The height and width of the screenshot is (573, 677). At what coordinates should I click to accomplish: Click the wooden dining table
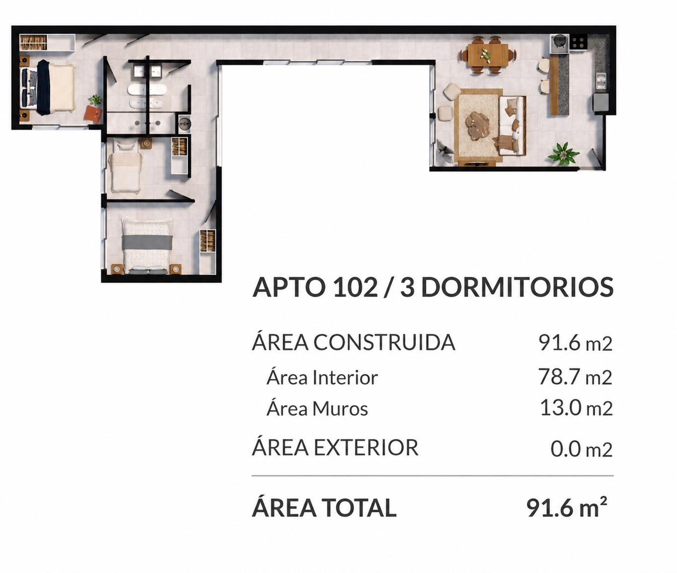[x=488, y=55]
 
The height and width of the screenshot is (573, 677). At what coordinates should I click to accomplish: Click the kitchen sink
[x=601, y=80]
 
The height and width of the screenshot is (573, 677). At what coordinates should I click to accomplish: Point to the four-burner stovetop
[x=578, y=42]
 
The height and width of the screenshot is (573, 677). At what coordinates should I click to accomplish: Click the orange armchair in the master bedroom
[x=94, y=113]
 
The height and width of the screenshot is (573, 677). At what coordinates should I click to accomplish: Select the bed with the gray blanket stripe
[x=147, y=246]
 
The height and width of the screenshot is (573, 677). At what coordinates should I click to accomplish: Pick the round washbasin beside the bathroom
[x=185, y=124]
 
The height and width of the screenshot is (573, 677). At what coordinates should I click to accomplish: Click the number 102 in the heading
[x=355, y=287]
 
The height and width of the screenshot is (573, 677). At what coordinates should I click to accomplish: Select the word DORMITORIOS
[x=517, y=287]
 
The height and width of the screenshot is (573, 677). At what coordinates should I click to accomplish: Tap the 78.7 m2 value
[x=575, y=377]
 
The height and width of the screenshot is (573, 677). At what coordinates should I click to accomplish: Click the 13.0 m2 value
[x=576, y=408]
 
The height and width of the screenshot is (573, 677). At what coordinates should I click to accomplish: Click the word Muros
[x=340, y=409]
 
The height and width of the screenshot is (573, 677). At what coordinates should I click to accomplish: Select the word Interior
[x=345, y=377]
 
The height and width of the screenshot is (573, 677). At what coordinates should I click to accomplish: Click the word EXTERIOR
[x=367, y=447]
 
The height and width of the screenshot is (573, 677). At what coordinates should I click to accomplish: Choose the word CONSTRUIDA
[x=384, y=342]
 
